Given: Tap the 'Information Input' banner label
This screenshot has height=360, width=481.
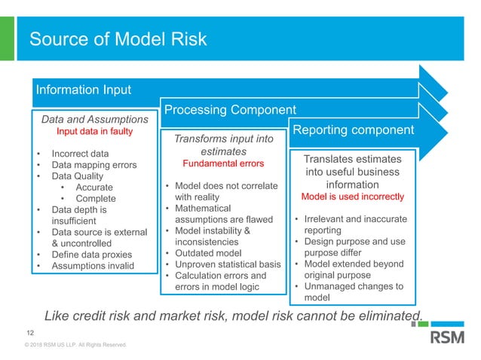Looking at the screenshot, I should click(84, 90).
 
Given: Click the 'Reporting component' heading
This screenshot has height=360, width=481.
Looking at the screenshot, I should click(353, 130).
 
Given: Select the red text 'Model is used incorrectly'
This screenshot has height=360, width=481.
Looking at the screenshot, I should click(353, 198).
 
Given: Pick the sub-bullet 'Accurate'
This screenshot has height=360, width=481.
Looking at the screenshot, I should click(93, 188).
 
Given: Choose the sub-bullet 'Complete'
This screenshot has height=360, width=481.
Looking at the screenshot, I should click(94, 199).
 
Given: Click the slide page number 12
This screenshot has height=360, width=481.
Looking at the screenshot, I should click(30, 331).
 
